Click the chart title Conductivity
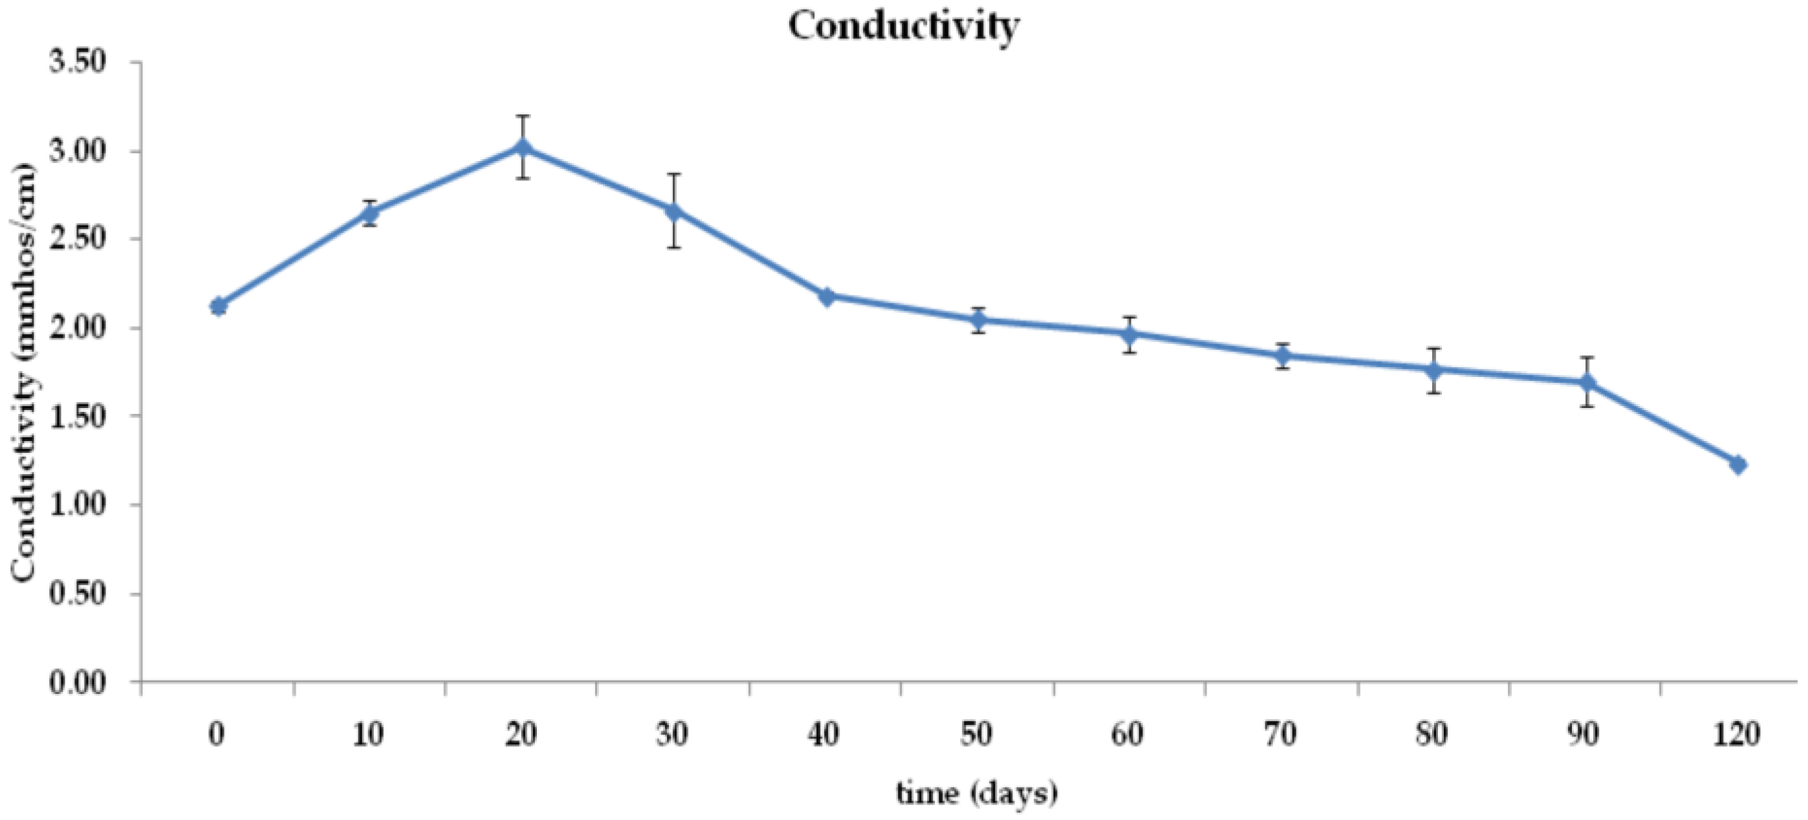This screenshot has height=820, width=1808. [x=903, y=27]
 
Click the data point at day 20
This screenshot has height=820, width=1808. [x=522, y=147]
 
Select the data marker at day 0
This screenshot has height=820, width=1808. [x=218, y=307]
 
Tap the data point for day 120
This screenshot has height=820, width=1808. [x=1737, y=464]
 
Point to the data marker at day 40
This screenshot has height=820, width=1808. [x=826, y=296]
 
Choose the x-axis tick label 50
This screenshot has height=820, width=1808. [x=976, y=735]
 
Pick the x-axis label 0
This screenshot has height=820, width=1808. [x=217, y=735]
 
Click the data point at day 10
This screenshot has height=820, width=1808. [x=370, y=213]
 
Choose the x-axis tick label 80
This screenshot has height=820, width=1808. [x=1432, y=735]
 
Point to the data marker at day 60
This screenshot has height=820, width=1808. [x=1129, y=334]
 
